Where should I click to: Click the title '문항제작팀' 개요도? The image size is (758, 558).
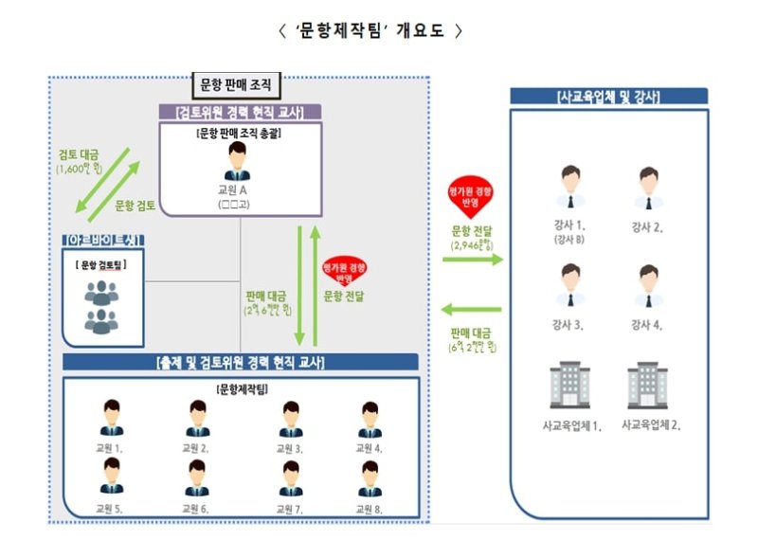pyautogui.click(x=370, y=30)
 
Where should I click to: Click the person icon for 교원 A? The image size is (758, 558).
pyautogui.click(x=236, y=165)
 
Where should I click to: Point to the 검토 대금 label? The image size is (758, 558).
pyautogui.click(x=81, y=154)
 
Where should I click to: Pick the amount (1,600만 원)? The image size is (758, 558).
pyautogui.click(x=81, y=170)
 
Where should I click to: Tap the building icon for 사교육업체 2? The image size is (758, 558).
pyautogui.click(x=647, y=386)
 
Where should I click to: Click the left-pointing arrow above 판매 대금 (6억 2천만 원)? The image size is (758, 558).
pyautogui.click(x=472, y=309)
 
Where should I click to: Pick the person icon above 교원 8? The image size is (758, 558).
pyautogui.click(x=370, y=477)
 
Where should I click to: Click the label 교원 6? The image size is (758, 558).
pyautogui.click(x=196, y=509)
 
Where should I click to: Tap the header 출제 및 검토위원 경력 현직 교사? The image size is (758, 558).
pyautogui.click(x=240, y=362)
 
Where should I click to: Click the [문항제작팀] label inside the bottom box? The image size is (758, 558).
pyautogui.click(x=241, y=389)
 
